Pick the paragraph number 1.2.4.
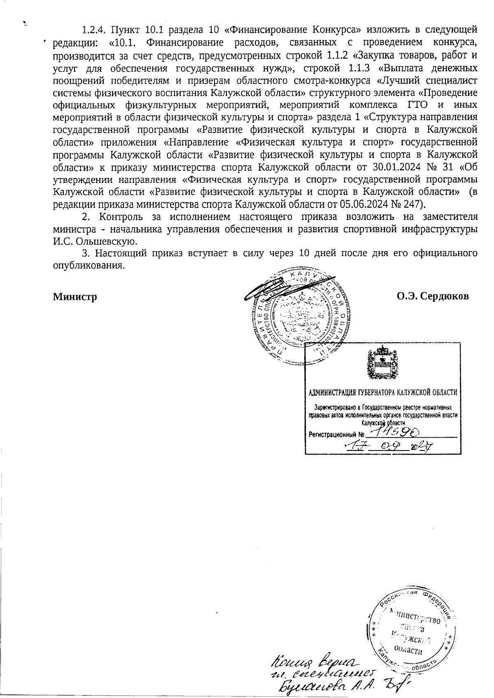(x=94, y=30)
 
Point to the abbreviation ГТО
(x=418, y=105)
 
